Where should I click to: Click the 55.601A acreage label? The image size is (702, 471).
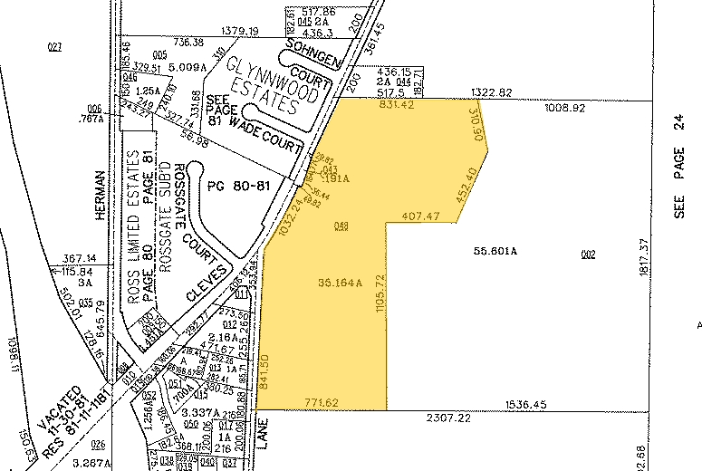pos(495,251)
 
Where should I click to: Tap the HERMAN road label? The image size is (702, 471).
pos(101,195)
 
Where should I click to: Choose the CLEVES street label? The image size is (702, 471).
pos(206,284)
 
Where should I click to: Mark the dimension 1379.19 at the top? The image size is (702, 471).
pos(239,31)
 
